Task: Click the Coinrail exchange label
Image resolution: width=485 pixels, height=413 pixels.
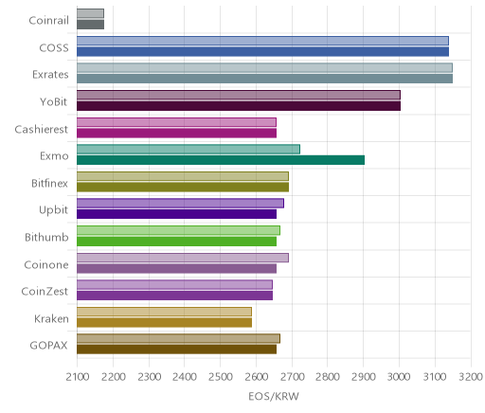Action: click(x=48, y=21)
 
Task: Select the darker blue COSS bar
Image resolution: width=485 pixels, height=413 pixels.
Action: click(x=262, y=52)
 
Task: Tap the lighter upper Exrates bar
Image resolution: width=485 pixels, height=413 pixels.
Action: click(x=264, y=68)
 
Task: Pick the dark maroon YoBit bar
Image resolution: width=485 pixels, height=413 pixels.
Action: click(x=239, y=106)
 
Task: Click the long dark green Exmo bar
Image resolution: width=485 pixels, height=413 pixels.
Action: click(x=221, y=160)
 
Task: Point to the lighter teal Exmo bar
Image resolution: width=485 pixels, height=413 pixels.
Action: click(x=189, y=150)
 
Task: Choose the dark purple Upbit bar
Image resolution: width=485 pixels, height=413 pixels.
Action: click(x=176, y=214)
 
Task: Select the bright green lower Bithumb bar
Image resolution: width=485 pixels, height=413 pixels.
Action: click(x=176, y=242)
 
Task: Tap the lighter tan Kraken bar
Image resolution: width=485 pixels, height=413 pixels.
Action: click(x=164, y=312)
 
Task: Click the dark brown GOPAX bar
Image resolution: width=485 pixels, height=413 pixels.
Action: click(x=176, y=350)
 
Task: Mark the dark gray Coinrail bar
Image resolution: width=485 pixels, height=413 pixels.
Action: click(x=90, y=25)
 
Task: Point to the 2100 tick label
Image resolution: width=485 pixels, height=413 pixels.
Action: click(x=78, y=377)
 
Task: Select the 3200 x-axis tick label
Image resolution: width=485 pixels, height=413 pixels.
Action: click(x=471, y=377)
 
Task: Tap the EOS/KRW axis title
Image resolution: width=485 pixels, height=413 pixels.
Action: click(x=274, y=397)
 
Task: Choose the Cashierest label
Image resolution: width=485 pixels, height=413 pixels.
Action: click(x=42, y=130)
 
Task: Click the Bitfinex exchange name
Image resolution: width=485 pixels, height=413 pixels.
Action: click(x=49, y=183)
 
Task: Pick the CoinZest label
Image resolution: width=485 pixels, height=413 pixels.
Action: click(x=45, y=291)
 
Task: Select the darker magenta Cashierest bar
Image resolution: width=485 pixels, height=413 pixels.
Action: click(x=176, y=134)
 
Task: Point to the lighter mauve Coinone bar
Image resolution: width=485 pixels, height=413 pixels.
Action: click(x=183, y=258)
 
